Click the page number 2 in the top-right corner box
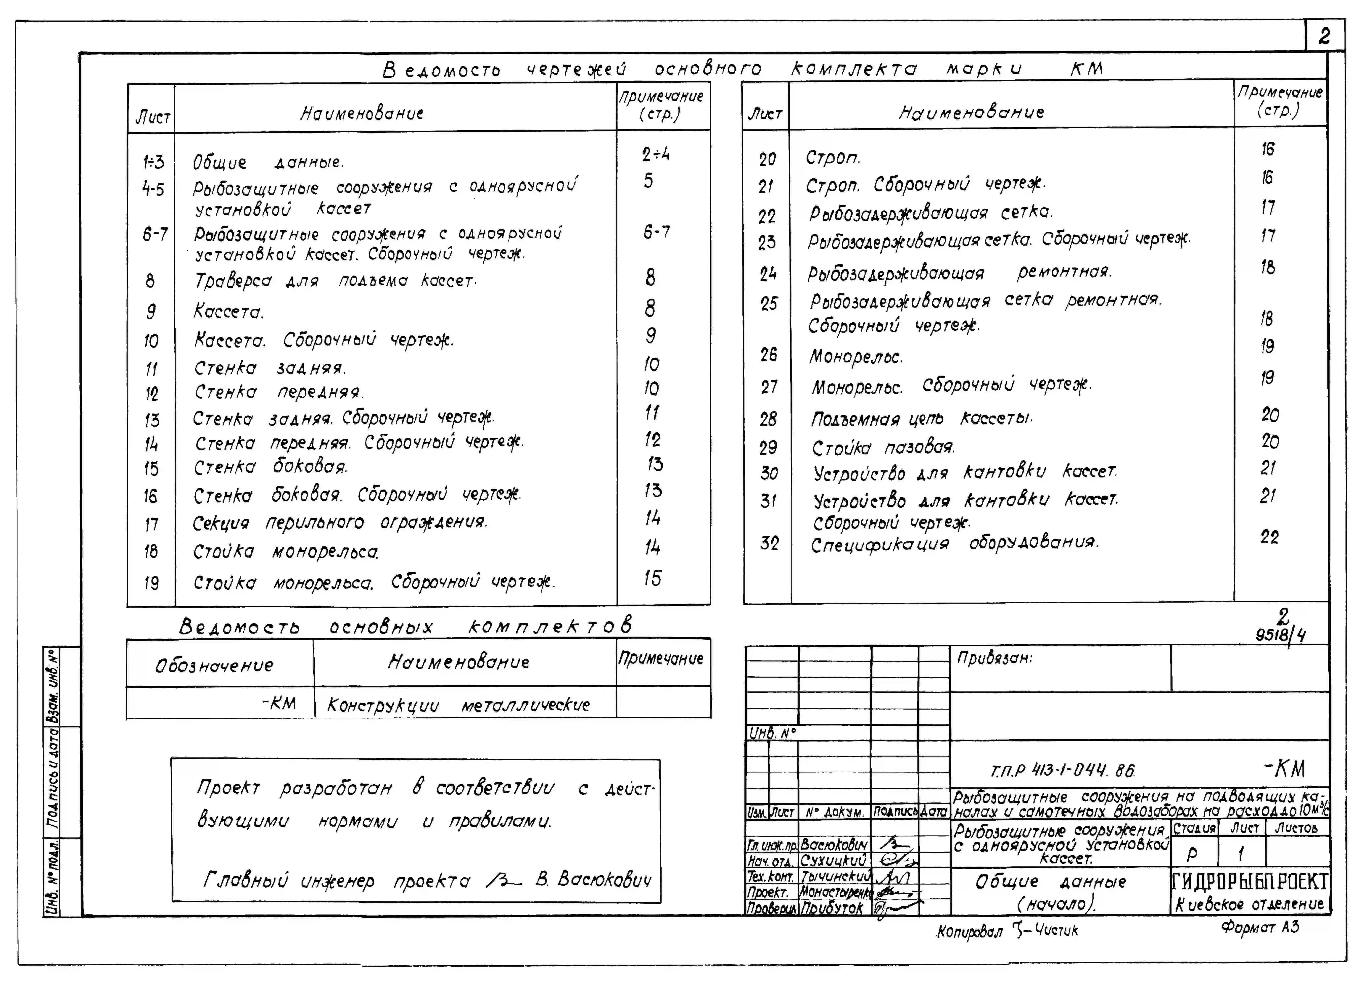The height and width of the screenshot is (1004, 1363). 1324,36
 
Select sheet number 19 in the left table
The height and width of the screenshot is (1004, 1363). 151,583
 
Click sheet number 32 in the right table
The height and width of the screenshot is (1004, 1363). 769,543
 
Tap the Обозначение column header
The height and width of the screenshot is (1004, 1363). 214,666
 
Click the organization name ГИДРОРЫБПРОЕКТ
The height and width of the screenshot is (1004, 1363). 1249,881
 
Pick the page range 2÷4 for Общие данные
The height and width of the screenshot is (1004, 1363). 656,154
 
